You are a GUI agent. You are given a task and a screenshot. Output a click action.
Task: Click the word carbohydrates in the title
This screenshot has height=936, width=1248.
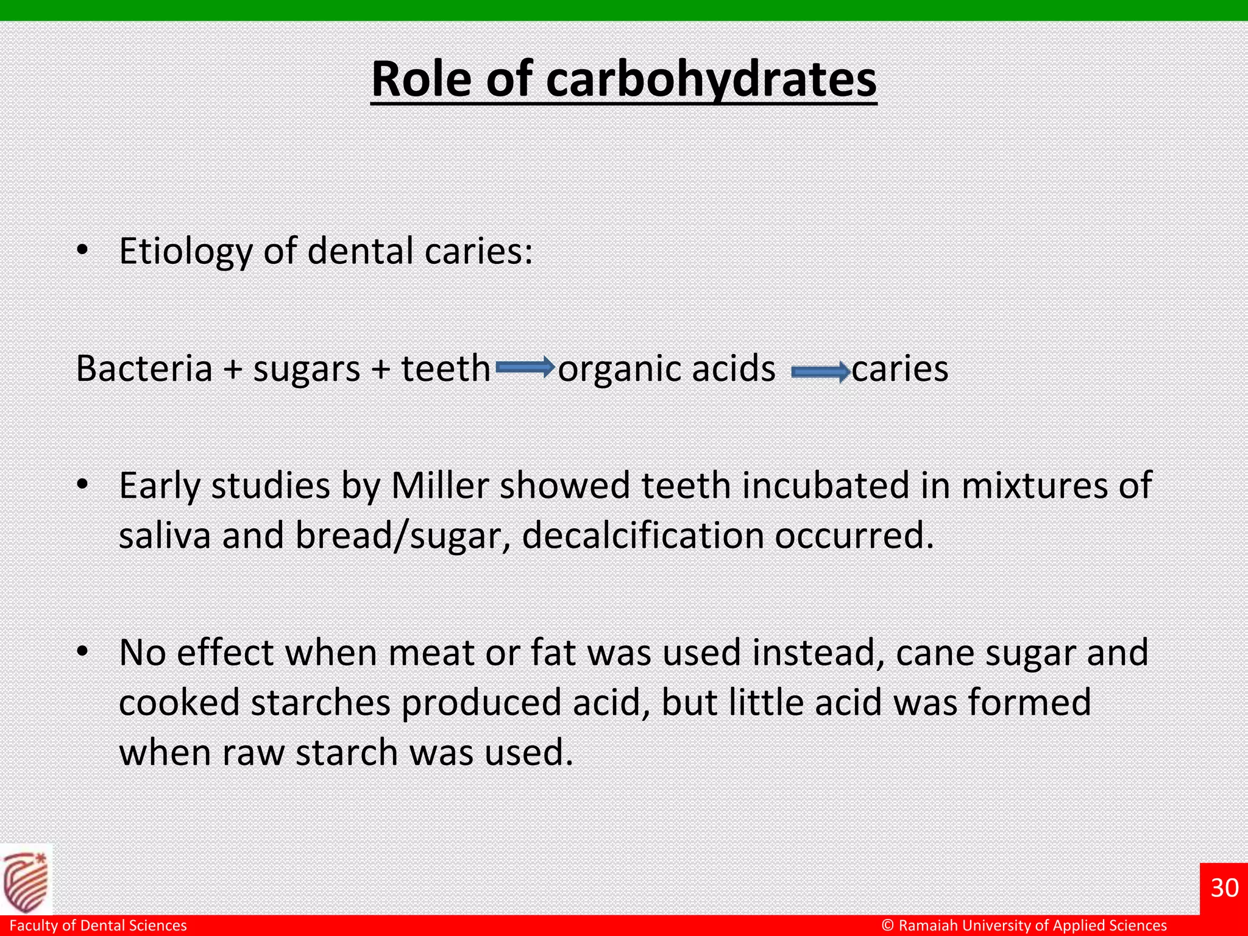coord(711,79)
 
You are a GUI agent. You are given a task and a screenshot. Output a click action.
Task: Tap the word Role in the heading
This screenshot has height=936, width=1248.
coord(421,79)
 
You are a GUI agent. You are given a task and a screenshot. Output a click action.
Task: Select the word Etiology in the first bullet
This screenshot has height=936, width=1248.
coord(185,251)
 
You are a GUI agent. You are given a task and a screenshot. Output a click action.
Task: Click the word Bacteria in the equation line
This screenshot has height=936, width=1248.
coord(144,369)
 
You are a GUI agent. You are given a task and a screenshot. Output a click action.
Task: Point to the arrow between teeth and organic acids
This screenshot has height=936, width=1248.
coord(524,368)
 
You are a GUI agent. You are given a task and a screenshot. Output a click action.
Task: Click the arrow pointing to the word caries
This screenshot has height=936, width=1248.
coord(820,371)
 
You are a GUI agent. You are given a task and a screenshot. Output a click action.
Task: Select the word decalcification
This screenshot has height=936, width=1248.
coord(642,536)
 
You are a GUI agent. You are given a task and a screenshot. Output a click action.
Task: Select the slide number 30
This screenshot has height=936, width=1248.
coord(1224,888)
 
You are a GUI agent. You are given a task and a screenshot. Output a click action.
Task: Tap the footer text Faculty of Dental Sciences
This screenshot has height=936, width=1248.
coord(98,926)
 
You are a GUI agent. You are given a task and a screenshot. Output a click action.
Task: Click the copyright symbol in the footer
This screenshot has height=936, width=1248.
coord(888,926)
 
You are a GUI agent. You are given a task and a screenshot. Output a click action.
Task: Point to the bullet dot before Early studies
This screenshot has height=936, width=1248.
coord(82,486)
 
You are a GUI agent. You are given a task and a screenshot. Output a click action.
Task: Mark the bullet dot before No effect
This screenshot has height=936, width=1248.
coord(82,653)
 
